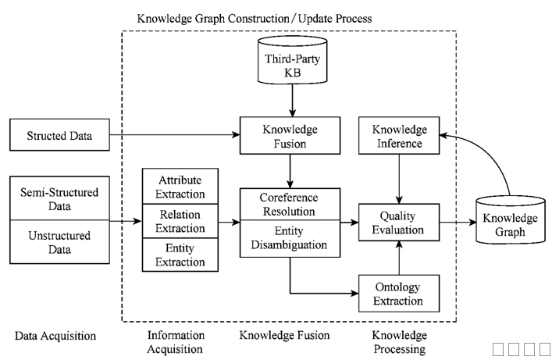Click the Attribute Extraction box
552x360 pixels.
click(182, 187)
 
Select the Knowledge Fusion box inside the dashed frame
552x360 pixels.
click(290, 137)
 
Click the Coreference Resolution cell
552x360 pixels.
click(290, 205)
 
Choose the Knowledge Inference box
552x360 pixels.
click(400, 137)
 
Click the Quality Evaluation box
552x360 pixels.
click(400, 223)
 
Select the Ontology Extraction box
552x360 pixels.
click(400, 294)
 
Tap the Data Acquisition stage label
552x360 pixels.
click(55, 336)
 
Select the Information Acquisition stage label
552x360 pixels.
click(176, 342)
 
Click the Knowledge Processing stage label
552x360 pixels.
click(399, 342)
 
